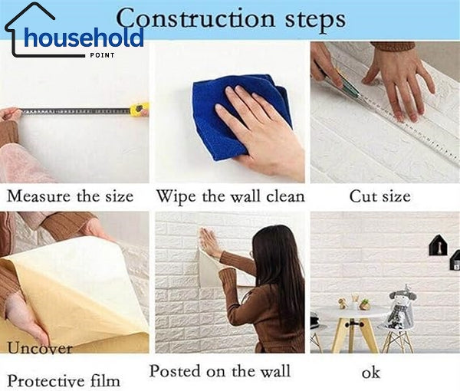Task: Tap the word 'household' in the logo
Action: click(x=84, y=37)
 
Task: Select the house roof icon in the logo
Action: click(x=31, y=15)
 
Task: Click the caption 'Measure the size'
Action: click(x=71, y=196)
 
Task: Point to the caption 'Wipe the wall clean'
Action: click(x=230, y=196)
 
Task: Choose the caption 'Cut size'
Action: click(x=379, y=196)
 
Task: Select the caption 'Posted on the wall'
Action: click(x=219, y=372)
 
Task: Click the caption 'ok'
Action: click(x=370, y=373)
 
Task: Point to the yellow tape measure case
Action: click(x=139, y=110)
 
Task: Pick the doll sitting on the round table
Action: click(x=400, y=304)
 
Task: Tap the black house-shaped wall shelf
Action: click(x=438, y=248)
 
